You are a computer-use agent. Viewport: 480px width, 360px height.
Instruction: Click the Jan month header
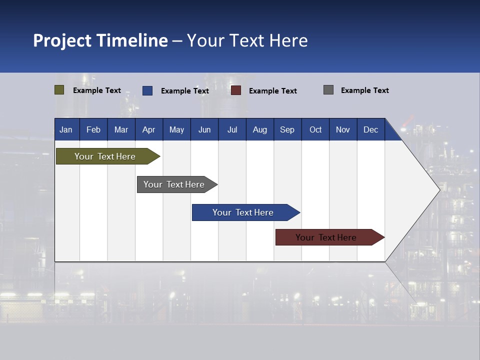(66, 129)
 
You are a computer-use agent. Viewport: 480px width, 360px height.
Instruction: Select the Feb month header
(93, 129)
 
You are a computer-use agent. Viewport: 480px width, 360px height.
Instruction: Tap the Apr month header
(149, 129)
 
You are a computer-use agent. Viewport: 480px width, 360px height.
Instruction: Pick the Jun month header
(204, 129)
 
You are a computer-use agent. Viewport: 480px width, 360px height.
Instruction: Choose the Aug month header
(260, 129)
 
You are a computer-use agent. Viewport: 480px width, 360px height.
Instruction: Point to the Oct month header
(315, 129)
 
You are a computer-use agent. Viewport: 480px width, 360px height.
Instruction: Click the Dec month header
(371, 129)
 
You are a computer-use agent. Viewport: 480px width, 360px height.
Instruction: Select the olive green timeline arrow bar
(105, 156)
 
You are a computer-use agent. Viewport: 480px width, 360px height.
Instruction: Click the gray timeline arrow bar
(174, 184)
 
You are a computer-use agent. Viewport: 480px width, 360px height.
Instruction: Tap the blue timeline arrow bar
(243, 212)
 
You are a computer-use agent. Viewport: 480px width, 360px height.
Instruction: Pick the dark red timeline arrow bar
(326, 237)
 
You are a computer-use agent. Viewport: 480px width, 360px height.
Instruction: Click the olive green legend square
(59, 90)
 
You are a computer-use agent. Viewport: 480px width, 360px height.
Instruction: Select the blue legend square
(147, 90)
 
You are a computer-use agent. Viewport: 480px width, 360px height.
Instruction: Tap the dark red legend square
(236, 90)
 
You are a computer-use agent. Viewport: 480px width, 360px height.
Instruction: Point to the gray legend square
(328, 90)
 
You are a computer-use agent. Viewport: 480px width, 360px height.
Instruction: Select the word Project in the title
(62, 40)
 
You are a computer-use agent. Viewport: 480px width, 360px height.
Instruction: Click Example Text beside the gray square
(364, 90)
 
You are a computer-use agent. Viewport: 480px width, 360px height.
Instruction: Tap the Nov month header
(343, 129)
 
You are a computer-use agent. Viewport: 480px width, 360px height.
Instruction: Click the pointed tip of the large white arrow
(438, 189)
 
